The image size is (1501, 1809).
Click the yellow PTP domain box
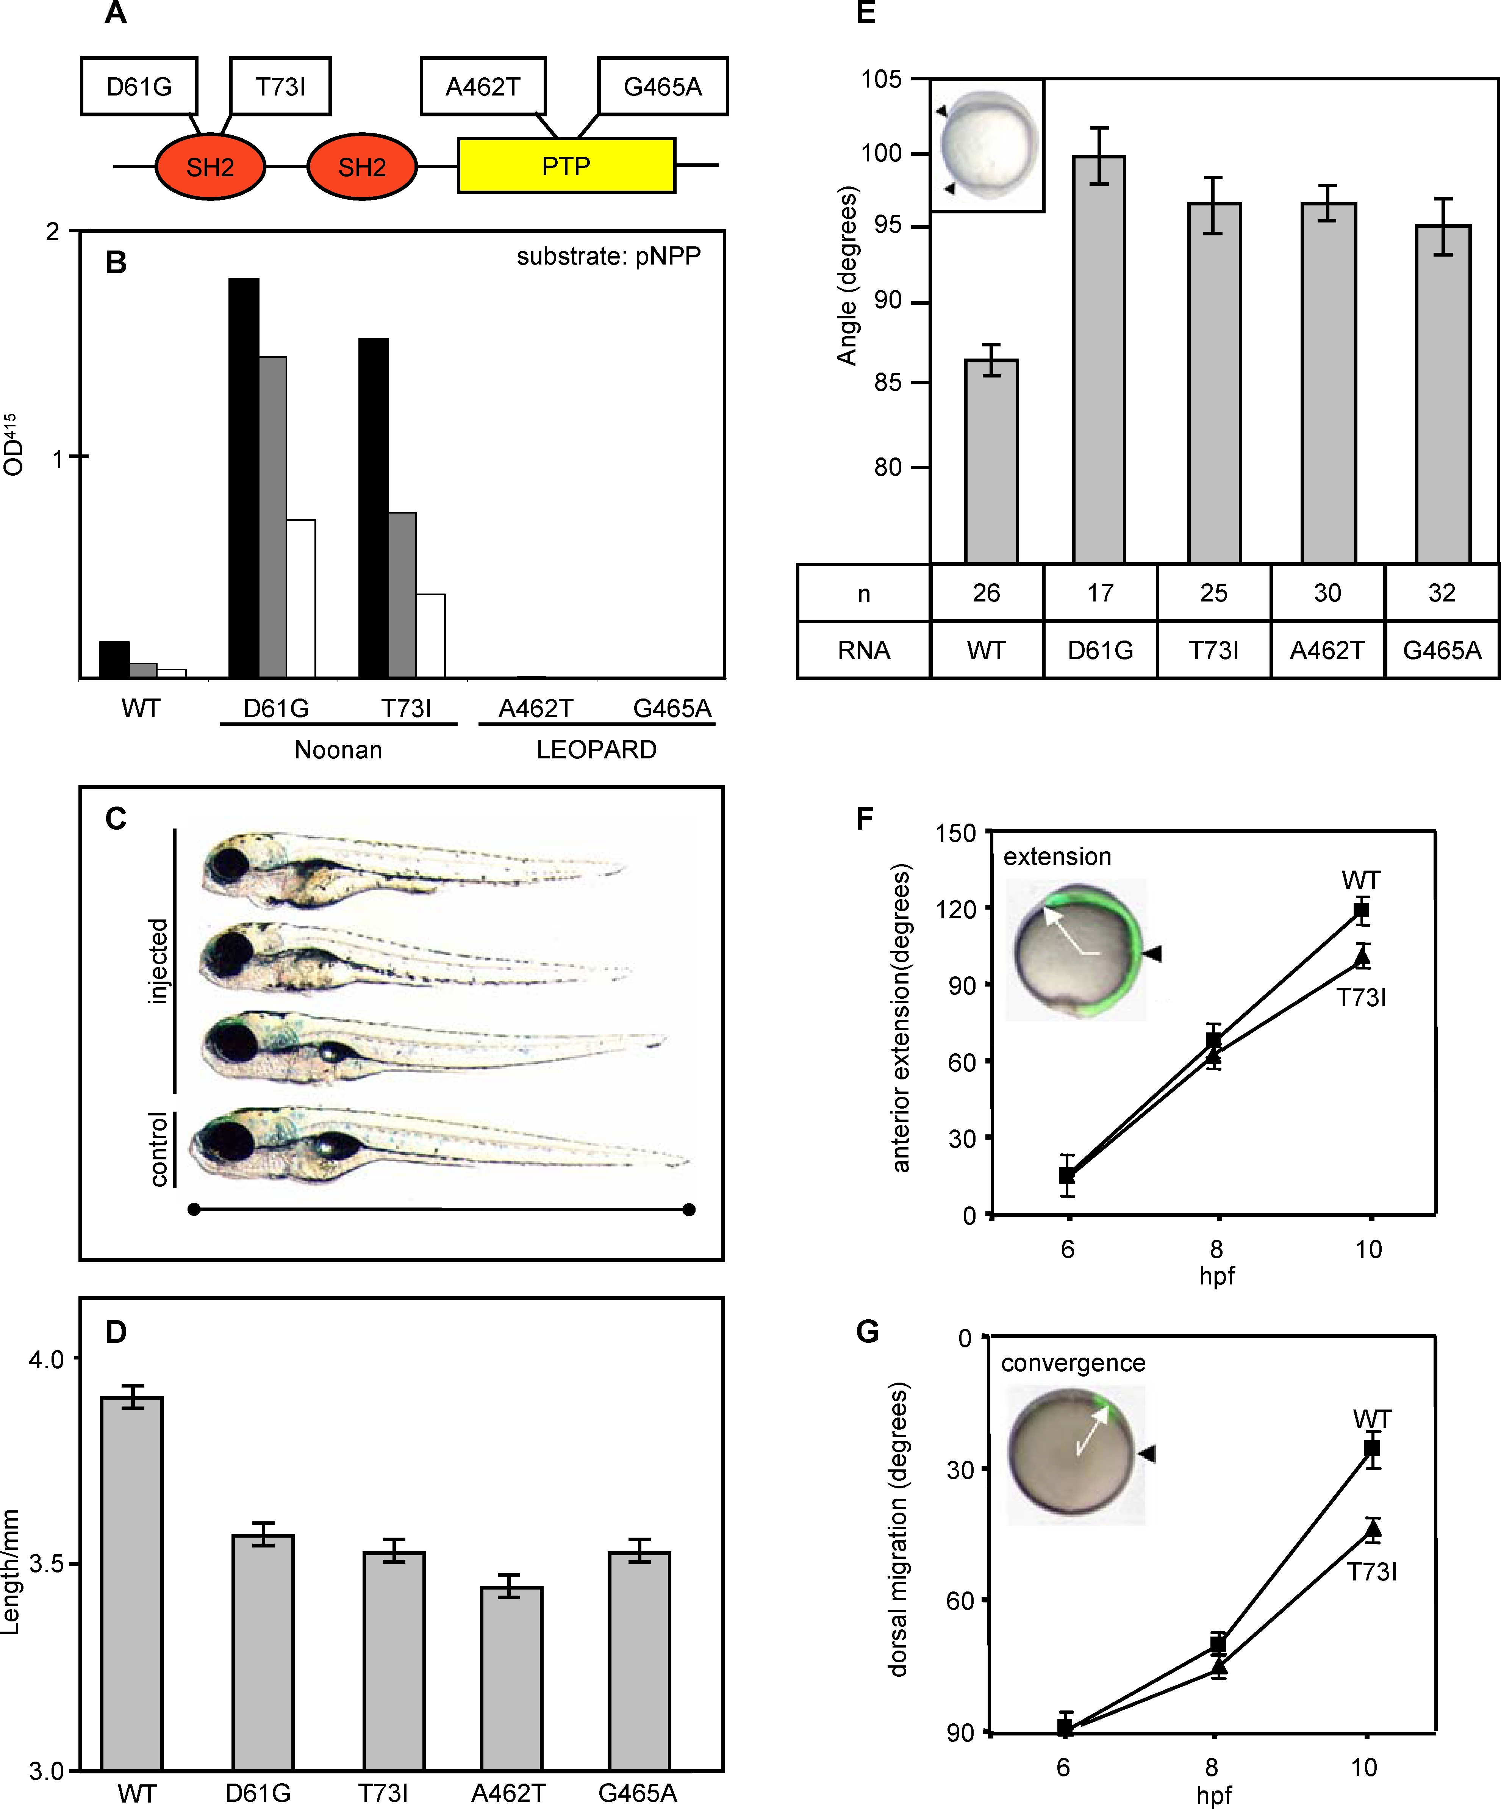pos(566,165)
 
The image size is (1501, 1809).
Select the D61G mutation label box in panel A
pos(139,86)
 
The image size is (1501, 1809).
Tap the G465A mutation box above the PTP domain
pos(662,86)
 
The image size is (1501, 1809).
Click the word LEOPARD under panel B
pos(596,749)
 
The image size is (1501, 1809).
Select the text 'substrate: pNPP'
pos(608,256)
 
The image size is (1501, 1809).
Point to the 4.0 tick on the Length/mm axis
pos(47,1359)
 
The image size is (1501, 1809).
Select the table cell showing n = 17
pos(1100,593)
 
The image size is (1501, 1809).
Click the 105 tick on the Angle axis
pos(882,79)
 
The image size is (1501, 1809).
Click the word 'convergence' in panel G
pos(1073,1363)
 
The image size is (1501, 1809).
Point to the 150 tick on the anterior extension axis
pos(956,833)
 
